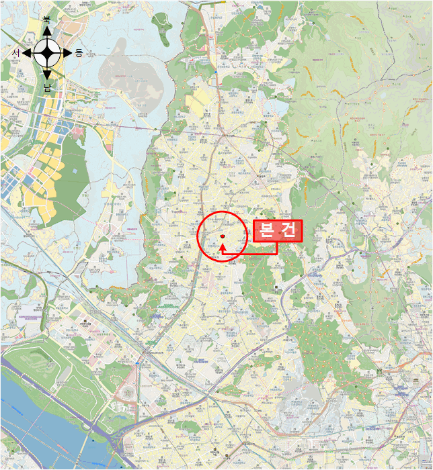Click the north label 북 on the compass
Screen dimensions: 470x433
46,19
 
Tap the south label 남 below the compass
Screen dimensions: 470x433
47,87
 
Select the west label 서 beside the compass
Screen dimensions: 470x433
15,52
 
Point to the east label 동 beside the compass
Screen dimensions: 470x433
79,52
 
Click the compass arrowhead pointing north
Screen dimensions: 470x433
47,30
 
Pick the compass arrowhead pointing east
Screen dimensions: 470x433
68,52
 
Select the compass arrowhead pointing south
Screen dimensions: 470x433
47,75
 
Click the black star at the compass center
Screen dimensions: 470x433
47,52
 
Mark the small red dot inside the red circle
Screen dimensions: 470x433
222,236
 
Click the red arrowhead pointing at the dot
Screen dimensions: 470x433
223,246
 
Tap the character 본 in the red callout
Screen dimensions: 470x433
265,232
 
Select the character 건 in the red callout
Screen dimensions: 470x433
288,232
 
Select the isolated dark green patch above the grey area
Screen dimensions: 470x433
161,27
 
